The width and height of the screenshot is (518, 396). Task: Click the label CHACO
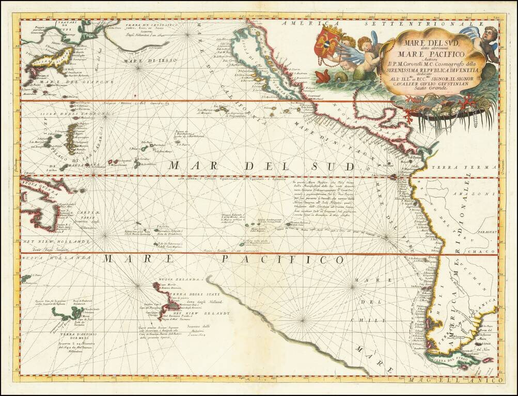(479, 251)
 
